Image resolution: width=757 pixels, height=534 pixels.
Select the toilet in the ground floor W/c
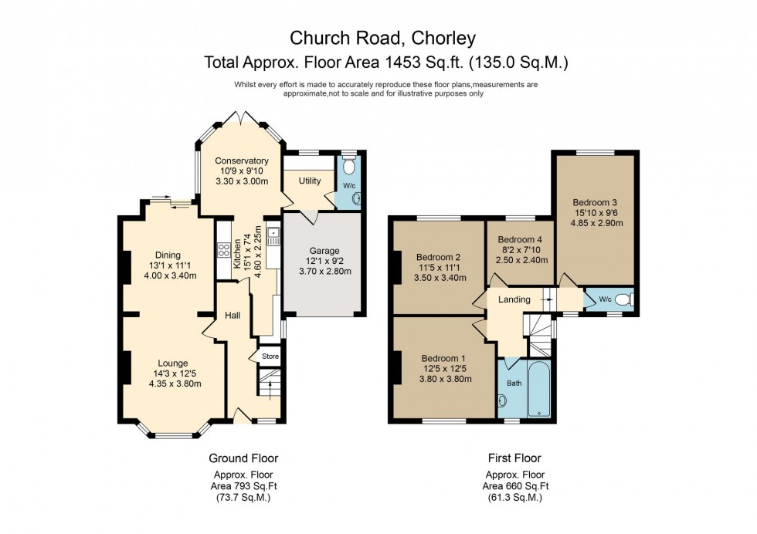(x=348, y=165)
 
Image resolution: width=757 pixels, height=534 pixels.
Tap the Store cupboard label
(x=270, y=357)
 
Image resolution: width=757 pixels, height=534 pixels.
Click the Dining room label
(x=168, y=255)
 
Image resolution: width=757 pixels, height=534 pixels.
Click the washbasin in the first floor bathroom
(x=503, y=400)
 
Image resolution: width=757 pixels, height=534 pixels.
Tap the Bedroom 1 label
(x=443, y=358)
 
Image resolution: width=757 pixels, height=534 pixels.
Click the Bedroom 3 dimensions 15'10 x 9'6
(x=595, y=213)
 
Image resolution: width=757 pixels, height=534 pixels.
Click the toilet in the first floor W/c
(x=628, y=299)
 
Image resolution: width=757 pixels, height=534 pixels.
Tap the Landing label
(x=514, y=299)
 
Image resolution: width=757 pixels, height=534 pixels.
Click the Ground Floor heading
(x=244, y=458)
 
